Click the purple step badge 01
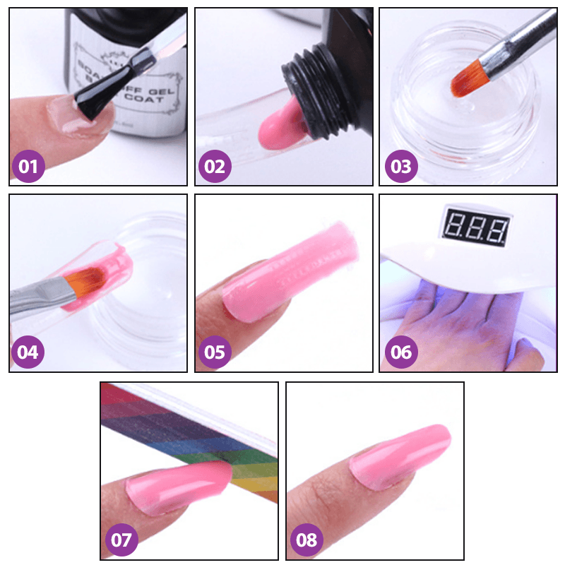pyautogui.click(x=28, y=167)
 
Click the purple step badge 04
pyautogui.click(x=28, y=351)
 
